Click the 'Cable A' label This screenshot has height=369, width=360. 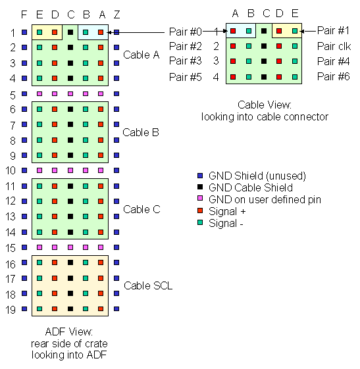click(x=141, y=55)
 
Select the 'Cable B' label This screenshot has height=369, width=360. click(x=141, y=132)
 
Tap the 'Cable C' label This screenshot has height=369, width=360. click(x=141, y=209)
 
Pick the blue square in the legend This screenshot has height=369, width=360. click(x=201, y=176)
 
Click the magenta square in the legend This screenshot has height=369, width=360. click(x=201, y=199)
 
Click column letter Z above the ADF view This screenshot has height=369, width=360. click(x=116, y=14)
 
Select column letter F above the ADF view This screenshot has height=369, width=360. click(x=24, y=14)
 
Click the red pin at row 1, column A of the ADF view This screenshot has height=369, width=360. click(x=101, y=32)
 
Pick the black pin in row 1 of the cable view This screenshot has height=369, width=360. click(x=264, y=31)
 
